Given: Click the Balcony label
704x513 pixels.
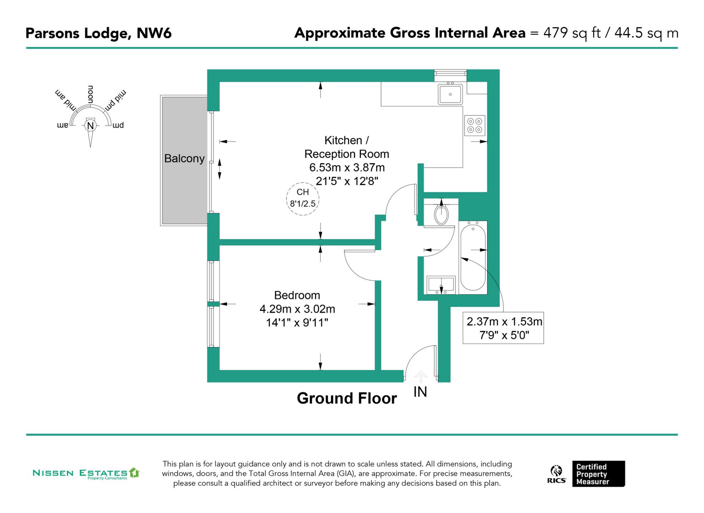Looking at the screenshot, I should coord(184,159).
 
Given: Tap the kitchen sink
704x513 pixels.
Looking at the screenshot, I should coord(450,94).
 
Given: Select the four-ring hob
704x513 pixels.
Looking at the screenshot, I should coord(475,126).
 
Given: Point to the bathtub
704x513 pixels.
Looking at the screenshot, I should coord(473,257).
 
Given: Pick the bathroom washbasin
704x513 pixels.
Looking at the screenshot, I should coord(441,285).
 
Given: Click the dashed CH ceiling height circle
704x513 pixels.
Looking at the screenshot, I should coord(302,199).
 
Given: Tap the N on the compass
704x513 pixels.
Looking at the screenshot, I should coord(90,126).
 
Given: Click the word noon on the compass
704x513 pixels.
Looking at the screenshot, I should coord(90,94).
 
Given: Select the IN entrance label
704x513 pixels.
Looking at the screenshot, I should coord(420,392).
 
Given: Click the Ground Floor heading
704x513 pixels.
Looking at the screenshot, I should coord(347,398).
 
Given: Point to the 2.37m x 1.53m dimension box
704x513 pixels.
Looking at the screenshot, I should coord(503,328).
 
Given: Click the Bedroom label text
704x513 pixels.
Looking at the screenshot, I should coord(297,295).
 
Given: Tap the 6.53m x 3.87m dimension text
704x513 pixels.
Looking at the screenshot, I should coord(347,168).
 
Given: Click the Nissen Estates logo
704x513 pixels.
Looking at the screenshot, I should coord(86,473).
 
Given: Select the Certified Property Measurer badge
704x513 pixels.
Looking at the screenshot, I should coord(598,474).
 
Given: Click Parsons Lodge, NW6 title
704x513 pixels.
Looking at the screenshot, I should coord(98,33).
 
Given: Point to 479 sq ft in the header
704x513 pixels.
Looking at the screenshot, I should coord(572,33).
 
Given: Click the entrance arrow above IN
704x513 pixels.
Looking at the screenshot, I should coord(421,376).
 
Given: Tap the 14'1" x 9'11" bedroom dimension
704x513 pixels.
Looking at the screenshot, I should coord(297,323).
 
